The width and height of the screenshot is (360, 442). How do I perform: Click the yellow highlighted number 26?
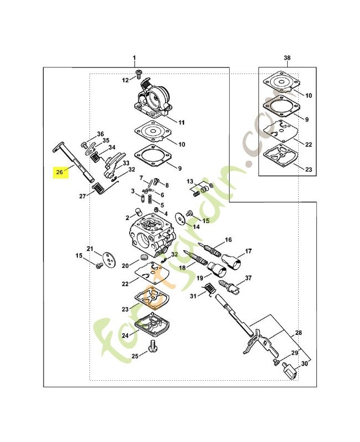point(60,171)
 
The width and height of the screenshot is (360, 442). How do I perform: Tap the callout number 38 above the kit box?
point(287,58)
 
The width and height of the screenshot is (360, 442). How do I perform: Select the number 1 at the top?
point(134,58)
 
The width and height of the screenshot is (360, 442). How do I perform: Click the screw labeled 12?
point(138,75)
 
